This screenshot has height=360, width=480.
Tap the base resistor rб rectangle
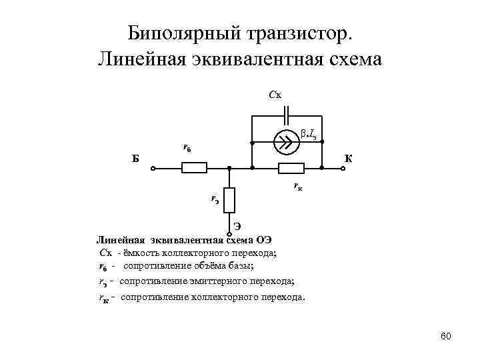pos(195,169)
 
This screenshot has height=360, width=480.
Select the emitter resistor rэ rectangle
pos(229,199)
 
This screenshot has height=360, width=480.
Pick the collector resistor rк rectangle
pos(291,169)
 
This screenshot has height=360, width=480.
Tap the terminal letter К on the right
pos(348,159)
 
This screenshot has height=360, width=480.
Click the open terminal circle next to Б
pos(153,169)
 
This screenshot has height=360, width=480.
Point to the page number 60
pos(446,335)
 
